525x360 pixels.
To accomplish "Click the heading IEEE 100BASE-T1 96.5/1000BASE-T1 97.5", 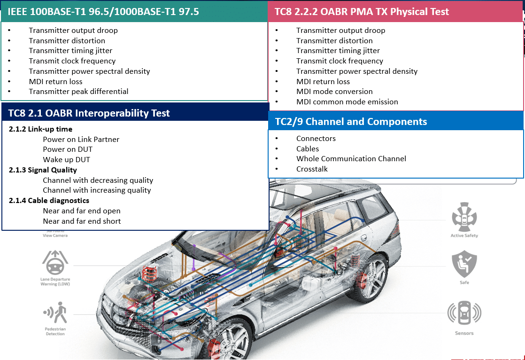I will click(103, 12).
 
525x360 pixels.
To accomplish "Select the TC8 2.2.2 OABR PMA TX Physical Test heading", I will click(362, 12).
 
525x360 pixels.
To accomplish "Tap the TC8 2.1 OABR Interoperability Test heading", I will click(89, 113).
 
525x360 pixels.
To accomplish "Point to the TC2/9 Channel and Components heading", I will click(351, 122).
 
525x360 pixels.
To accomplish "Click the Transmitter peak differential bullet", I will click(78, 92).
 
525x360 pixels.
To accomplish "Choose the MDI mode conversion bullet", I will click(334, 92).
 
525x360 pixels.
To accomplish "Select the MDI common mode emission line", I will click(347, 102).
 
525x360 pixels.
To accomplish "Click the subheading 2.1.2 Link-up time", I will click(41, 129).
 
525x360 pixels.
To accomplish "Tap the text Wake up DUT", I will click(66, 160).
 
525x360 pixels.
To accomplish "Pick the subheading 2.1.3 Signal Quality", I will click(43, 170).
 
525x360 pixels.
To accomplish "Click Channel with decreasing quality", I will click(98, 180).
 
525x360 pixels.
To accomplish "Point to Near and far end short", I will click(82, 221).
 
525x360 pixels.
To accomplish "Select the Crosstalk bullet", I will click(312, 169).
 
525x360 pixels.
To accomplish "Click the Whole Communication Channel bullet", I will click(351, 159).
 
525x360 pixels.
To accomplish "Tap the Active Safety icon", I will click(464, 217).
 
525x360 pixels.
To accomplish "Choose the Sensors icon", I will click(464, 313).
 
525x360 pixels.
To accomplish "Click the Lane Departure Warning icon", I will click(55, 262).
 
